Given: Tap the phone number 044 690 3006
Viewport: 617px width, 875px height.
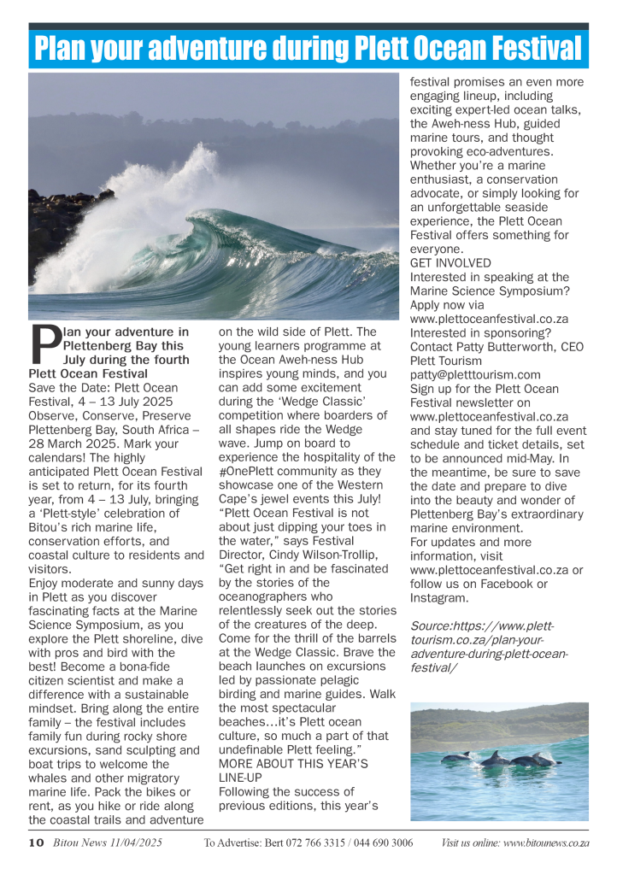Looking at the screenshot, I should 375,843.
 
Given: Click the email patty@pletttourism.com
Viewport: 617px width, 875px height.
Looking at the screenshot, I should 475,374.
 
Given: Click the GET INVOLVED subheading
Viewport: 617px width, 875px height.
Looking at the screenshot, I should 450,263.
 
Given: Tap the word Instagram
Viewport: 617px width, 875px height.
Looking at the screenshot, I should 439,598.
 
